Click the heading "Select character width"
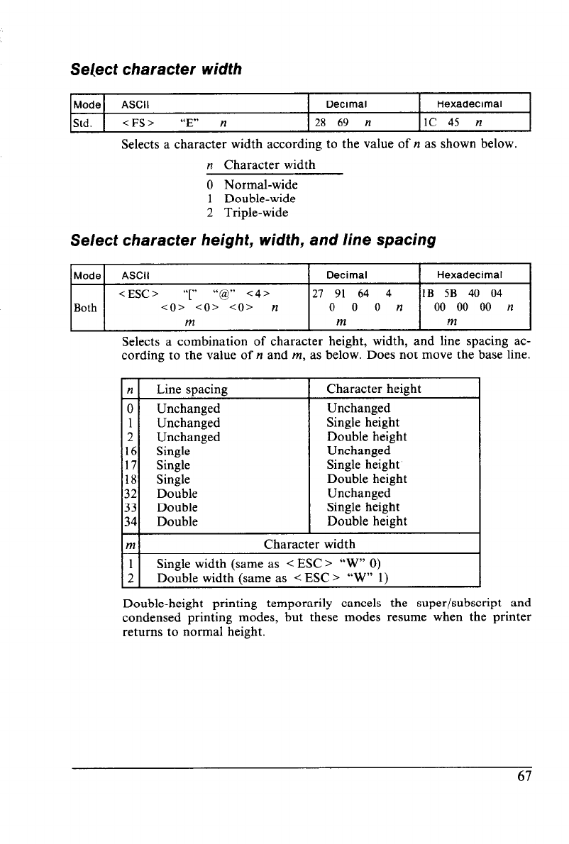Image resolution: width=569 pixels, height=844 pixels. [156, 70]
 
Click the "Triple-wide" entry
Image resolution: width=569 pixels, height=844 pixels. [256, 212]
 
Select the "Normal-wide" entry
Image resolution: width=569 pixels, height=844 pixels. [260, 185]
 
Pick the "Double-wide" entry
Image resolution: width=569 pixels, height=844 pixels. [260, 199]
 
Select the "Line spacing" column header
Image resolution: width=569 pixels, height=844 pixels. [192, 389]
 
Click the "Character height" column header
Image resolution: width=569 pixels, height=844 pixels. [374, 389]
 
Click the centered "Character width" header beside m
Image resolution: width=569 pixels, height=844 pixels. [309, 545]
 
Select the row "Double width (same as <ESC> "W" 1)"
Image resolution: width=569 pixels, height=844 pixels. [270, 578]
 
